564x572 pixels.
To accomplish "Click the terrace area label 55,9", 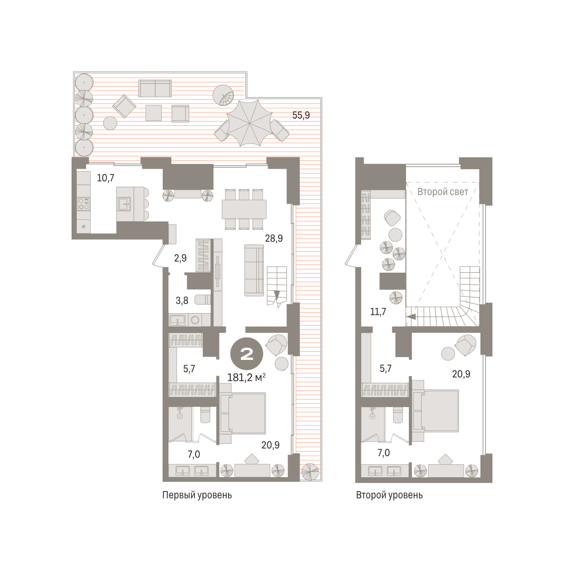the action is [x=301, y=115].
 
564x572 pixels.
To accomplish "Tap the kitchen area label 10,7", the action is [x=105, y=178].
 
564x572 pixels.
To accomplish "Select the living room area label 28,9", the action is [x=274, y=238].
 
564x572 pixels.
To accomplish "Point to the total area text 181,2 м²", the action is [x=246, y=378].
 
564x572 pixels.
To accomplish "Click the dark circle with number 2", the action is [x=247, y=354].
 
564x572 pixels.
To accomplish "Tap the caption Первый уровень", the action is [x=197, y=495].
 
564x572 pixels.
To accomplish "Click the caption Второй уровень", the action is [x=389, y=495].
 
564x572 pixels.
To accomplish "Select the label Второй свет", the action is [x=442, y=192].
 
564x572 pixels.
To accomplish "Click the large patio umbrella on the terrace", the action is [x=249, y=123].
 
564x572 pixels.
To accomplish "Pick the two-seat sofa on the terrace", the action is [x=155, y=89].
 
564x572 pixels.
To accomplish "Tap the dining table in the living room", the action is [x=244, y=209].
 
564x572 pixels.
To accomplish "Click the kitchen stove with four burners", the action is [x=84, y=204].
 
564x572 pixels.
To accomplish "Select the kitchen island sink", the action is [x=124, y=204].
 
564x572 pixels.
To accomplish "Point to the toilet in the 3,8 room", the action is [x=203, y=300].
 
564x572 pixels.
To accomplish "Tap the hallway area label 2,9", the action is [x=180, y=258].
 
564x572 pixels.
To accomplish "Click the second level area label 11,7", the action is [x=378, y=311].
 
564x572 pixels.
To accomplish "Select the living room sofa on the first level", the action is [x=254, y=270].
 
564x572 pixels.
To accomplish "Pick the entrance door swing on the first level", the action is [x=158, y=255].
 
